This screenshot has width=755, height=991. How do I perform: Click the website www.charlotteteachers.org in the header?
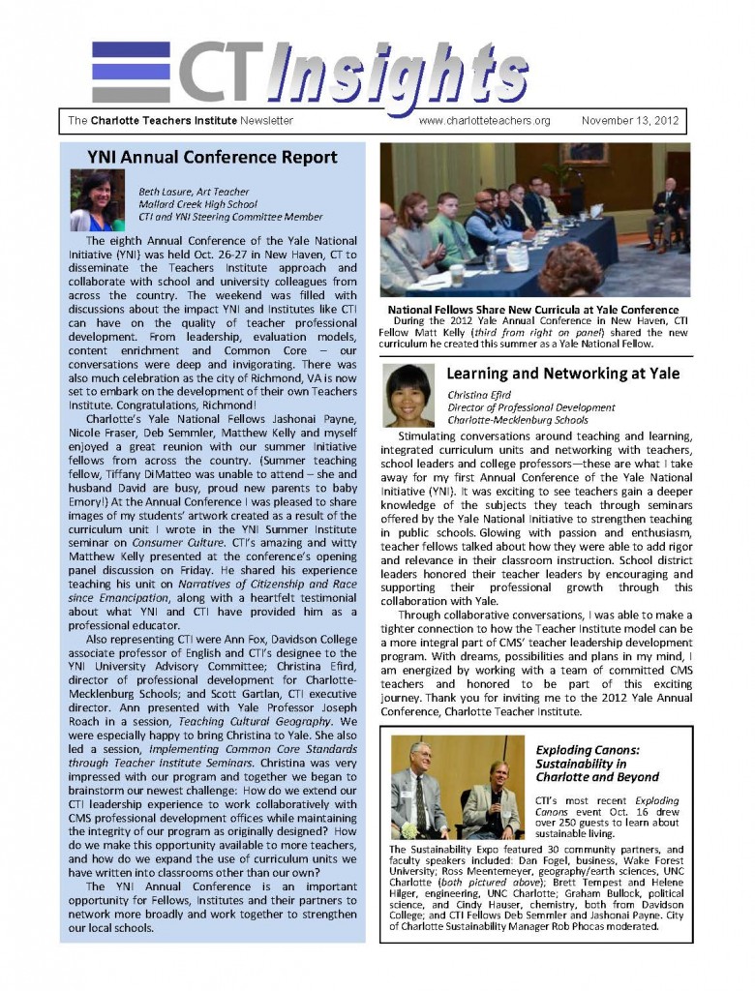point(484,121)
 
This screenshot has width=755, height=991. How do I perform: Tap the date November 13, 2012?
point(630,121)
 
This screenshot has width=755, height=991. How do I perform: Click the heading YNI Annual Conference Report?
point(212,157)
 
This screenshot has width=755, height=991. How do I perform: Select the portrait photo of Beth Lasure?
point(98,199)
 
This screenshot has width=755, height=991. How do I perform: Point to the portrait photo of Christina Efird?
point(408,395)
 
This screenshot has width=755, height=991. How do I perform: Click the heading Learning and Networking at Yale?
point(562,374)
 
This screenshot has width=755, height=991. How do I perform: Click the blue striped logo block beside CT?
point(131,72)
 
